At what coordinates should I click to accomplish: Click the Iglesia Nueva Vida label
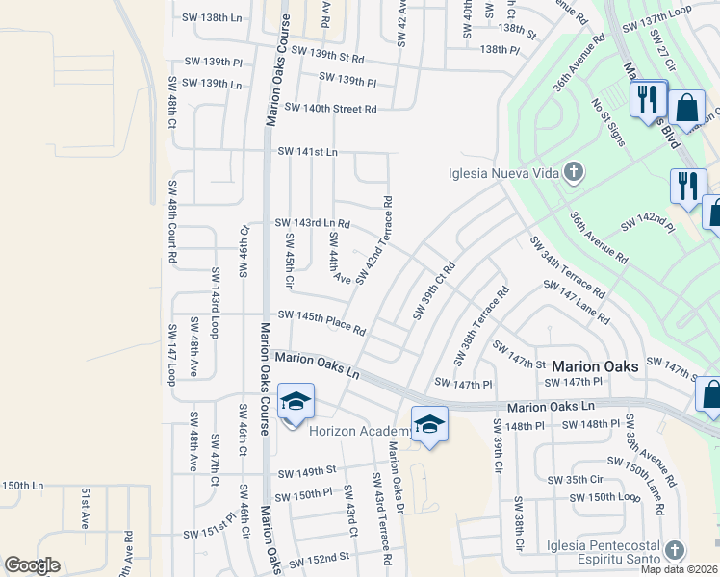503,174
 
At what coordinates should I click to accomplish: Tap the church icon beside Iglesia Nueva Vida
574,174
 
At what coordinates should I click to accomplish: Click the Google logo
32,565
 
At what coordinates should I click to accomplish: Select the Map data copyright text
680,569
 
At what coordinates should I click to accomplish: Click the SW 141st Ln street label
308,152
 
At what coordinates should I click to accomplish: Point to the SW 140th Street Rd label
330,109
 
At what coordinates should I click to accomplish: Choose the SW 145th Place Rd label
321,322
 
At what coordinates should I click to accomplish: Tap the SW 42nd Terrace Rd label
375,240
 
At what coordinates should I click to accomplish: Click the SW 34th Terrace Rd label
566,265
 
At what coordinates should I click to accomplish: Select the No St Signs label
608,121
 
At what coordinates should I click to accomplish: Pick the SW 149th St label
306,472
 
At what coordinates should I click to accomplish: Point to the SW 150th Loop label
604,497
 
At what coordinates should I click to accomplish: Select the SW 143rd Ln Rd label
312,223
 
